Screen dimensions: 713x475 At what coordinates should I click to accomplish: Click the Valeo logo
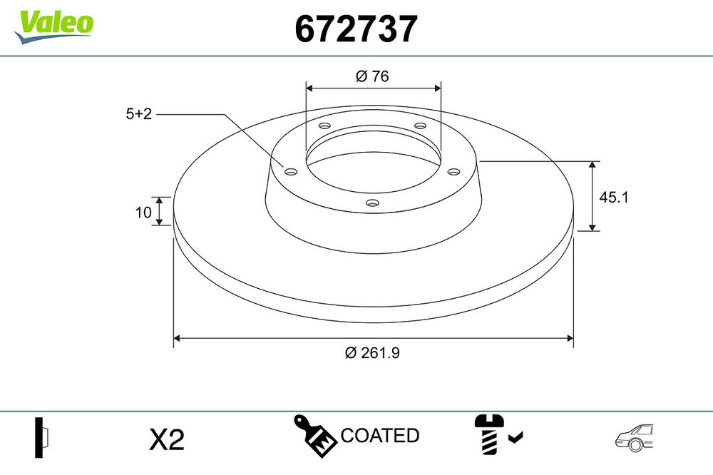coord(53,26)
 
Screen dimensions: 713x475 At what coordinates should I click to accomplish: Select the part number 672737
coord(356,29)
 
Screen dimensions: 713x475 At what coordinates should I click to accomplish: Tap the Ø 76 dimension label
coord(372,76)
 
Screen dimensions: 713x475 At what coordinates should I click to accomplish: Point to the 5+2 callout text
coord(139,113)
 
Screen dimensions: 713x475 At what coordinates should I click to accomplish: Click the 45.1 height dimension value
coord(613,198)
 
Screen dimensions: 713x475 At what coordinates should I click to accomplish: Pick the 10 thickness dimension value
coord(143,212)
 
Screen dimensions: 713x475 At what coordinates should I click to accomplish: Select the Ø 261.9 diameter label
coord(372,352)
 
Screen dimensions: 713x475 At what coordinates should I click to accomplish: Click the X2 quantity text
coord(167,439)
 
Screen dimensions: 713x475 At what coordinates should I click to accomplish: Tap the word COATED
coord(380,435)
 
